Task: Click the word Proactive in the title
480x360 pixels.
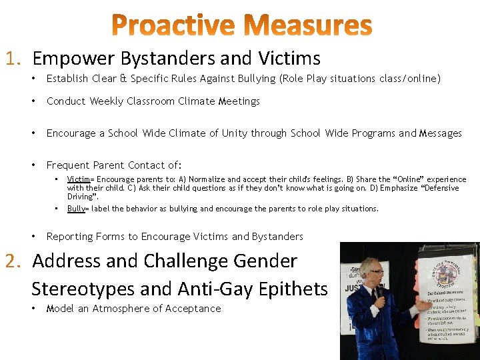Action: coord(172,26)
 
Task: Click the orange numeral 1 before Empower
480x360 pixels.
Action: coord(11,59)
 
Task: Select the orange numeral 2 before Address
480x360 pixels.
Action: coord(12,261)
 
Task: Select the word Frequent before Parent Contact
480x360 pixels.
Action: coord(69,165)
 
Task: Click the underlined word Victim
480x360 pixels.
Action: coord(78,179)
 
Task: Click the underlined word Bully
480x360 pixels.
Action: coord(76,209)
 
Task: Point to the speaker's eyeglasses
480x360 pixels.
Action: coord(377,271)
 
